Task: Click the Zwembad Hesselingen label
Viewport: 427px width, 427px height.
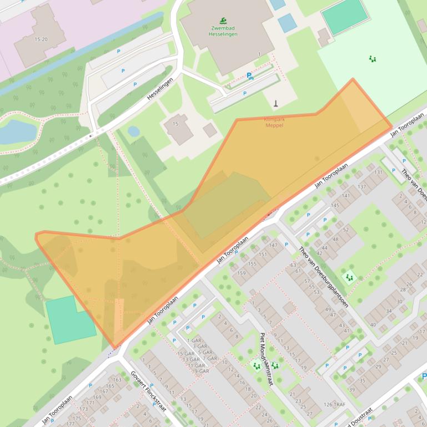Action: tap(223, 31)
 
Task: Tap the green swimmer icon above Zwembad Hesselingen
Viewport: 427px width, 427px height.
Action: tap(223, 21)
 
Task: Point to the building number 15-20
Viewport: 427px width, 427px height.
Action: tap(41, 39)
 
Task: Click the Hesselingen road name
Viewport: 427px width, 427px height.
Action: tap(160, 89)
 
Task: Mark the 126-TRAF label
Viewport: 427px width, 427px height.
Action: tap(334, 404)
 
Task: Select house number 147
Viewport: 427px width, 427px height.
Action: tap(272, 245)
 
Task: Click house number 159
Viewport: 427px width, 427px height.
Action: tap(242, 273)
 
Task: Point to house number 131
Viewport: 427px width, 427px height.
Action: tap(378, 172)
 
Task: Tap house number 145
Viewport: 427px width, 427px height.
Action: tap(335, 206)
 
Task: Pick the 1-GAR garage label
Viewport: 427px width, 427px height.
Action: tap(195, 340)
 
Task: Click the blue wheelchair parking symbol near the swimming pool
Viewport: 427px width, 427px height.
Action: tap(250, 76)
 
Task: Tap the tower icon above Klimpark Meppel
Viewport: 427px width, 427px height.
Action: tap(276, 104)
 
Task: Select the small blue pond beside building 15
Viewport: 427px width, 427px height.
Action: tap(134, 131)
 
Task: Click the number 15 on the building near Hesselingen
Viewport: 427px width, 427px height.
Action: tap(175, 124)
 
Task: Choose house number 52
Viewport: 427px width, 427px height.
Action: tap(345, 229)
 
